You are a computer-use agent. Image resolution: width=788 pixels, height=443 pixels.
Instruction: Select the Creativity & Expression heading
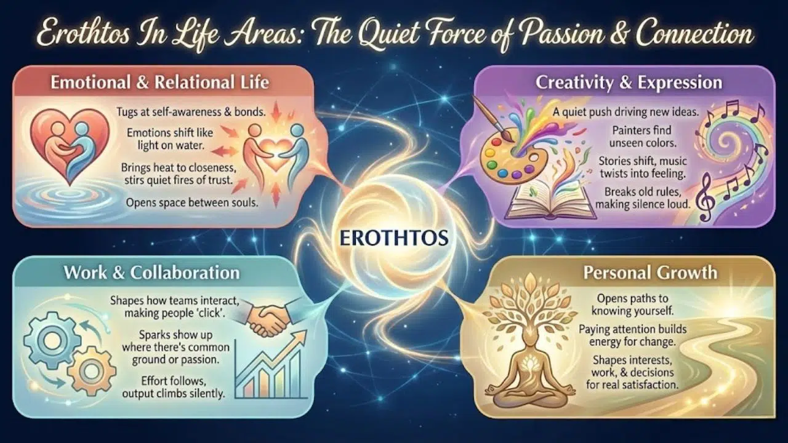628,82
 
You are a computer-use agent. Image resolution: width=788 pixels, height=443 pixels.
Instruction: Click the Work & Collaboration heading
151,272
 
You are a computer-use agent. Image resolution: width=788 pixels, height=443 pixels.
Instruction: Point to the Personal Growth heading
651,272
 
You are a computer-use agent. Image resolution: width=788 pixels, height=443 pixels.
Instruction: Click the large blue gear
53,341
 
